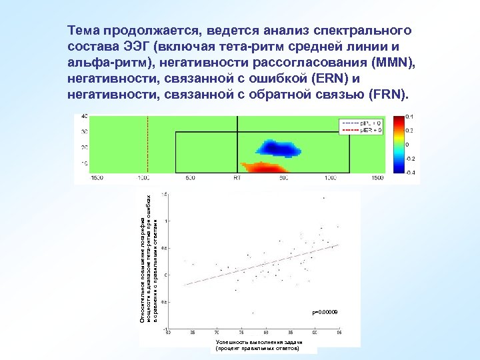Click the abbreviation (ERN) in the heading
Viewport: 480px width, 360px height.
click(329, 79)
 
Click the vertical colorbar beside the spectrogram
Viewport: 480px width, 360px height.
click(398, 145)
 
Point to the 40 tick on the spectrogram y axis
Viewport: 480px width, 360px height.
click(84, 116)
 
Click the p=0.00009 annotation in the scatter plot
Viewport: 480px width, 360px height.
click(325, 312)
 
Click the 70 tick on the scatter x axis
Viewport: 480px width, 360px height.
click(216, 331)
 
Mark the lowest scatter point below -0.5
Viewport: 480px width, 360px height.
click(253, 312)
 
